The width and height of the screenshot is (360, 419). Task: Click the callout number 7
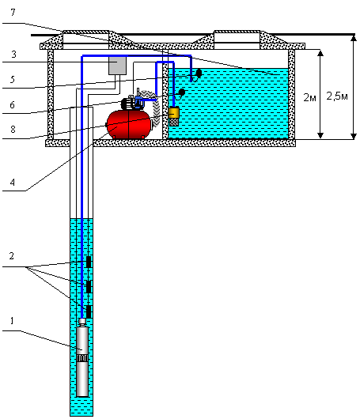tap(13, 13)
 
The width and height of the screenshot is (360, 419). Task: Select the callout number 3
tap(13, 55)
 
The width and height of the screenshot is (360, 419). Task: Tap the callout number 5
tap(13, 79)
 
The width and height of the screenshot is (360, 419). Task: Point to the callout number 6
tap(13, 104)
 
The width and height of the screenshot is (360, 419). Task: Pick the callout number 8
tap(13, 130)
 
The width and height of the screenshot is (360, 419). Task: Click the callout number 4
tap(13, 183)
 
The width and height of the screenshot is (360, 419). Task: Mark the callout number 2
tap(11, 255)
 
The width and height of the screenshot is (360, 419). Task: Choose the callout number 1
tap(12, 320)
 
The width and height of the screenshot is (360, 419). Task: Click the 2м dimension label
tap(309, 97)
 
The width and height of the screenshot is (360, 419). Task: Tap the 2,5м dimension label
tap(337, 96)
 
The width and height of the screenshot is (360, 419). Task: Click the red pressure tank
tap(129, 125)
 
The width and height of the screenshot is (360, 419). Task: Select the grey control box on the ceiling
tap(117, 66)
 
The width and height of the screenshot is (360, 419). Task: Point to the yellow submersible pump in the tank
tap(174, 116)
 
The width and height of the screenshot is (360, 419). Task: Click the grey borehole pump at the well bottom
tap(82, 357)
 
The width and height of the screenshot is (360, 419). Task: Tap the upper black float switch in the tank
tap(199, 73)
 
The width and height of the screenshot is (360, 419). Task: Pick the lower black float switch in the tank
tap(182, 92)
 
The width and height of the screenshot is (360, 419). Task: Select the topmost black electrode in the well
tap(89, 262)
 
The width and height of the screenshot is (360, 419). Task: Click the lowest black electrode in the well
tap(89, 311)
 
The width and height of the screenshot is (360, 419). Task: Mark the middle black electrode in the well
tap(89, 287)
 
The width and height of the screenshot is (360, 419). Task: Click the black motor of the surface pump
tap(127, 104)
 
